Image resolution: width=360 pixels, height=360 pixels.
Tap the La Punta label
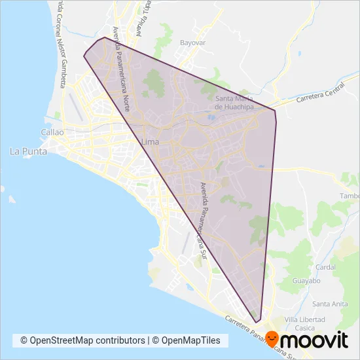point(26,151)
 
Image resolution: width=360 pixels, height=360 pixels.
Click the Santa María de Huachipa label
point(234,103)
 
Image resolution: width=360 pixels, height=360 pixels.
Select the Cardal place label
point(325,267)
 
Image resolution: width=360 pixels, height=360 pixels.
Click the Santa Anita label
point(330,304)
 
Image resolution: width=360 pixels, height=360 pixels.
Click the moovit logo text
point(320,340)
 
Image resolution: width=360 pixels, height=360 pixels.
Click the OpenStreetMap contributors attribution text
point(82,341)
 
